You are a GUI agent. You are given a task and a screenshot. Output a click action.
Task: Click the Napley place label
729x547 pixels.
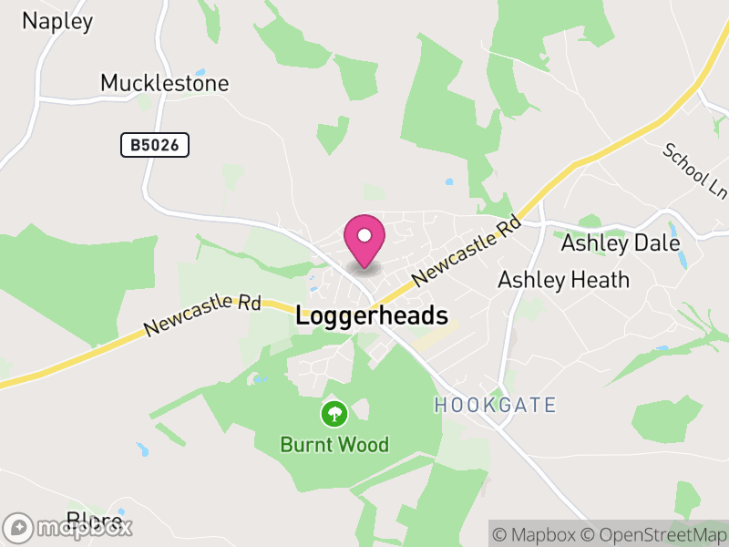point(57,21)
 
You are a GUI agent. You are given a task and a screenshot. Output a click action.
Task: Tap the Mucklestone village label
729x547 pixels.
point(164,83)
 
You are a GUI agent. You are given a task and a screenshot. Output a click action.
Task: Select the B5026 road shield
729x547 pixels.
point(155,144)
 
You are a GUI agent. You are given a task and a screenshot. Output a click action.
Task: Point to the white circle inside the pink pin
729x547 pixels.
point(364,235)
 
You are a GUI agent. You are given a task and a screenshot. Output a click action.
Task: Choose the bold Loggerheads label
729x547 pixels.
point(373,316)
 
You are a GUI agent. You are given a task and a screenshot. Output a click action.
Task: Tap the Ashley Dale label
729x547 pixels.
point(620,243)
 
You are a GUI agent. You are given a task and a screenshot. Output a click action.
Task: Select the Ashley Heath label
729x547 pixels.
point(563,280)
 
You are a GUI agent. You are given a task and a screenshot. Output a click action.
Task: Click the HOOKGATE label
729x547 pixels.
point(495,405)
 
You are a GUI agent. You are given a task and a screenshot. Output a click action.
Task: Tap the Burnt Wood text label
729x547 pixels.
point(334,445)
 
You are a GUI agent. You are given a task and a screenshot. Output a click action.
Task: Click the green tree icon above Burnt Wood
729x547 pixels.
point(334,414)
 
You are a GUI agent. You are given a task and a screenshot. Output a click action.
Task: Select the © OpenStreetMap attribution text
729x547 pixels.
point(655,534)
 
